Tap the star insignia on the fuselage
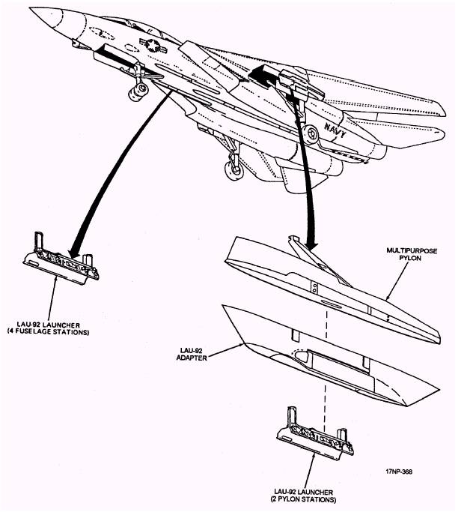[154, 46]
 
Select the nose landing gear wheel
[138, 92]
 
